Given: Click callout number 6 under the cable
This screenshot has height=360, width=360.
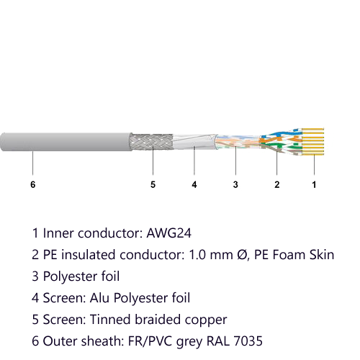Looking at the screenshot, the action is point(33,184).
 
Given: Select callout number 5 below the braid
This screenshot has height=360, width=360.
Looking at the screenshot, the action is point(153,184).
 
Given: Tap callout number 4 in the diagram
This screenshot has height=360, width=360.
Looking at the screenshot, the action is point(194,184).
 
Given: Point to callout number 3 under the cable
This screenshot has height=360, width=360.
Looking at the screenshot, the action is point(235,184).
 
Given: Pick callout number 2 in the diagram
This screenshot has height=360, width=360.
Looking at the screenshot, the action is point(277,184).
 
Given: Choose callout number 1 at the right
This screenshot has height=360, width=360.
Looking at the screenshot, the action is point(314,184).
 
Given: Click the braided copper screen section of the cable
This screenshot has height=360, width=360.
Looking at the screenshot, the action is point(152,142).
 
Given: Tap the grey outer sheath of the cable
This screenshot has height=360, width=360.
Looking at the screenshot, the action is point(66,142).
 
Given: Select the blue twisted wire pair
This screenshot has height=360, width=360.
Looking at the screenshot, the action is point(281,134).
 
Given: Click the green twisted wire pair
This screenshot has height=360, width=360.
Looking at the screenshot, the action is point(281,145).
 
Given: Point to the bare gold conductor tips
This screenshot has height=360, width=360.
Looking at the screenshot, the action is point(312,142).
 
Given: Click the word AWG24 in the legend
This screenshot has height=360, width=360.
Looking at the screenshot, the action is point(169,233).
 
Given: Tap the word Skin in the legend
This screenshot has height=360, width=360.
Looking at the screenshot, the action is point(322,255).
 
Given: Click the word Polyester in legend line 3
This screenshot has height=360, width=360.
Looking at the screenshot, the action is point(71,276).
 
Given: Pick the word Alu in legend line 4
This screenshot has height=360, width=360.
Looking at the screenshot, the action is point(100,298).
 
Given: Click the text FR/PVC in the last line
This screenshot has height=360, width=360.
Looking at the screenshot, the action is point(150,341).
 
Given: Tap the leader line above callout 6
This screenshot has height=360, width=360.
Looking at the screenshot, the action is point(33,163).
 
